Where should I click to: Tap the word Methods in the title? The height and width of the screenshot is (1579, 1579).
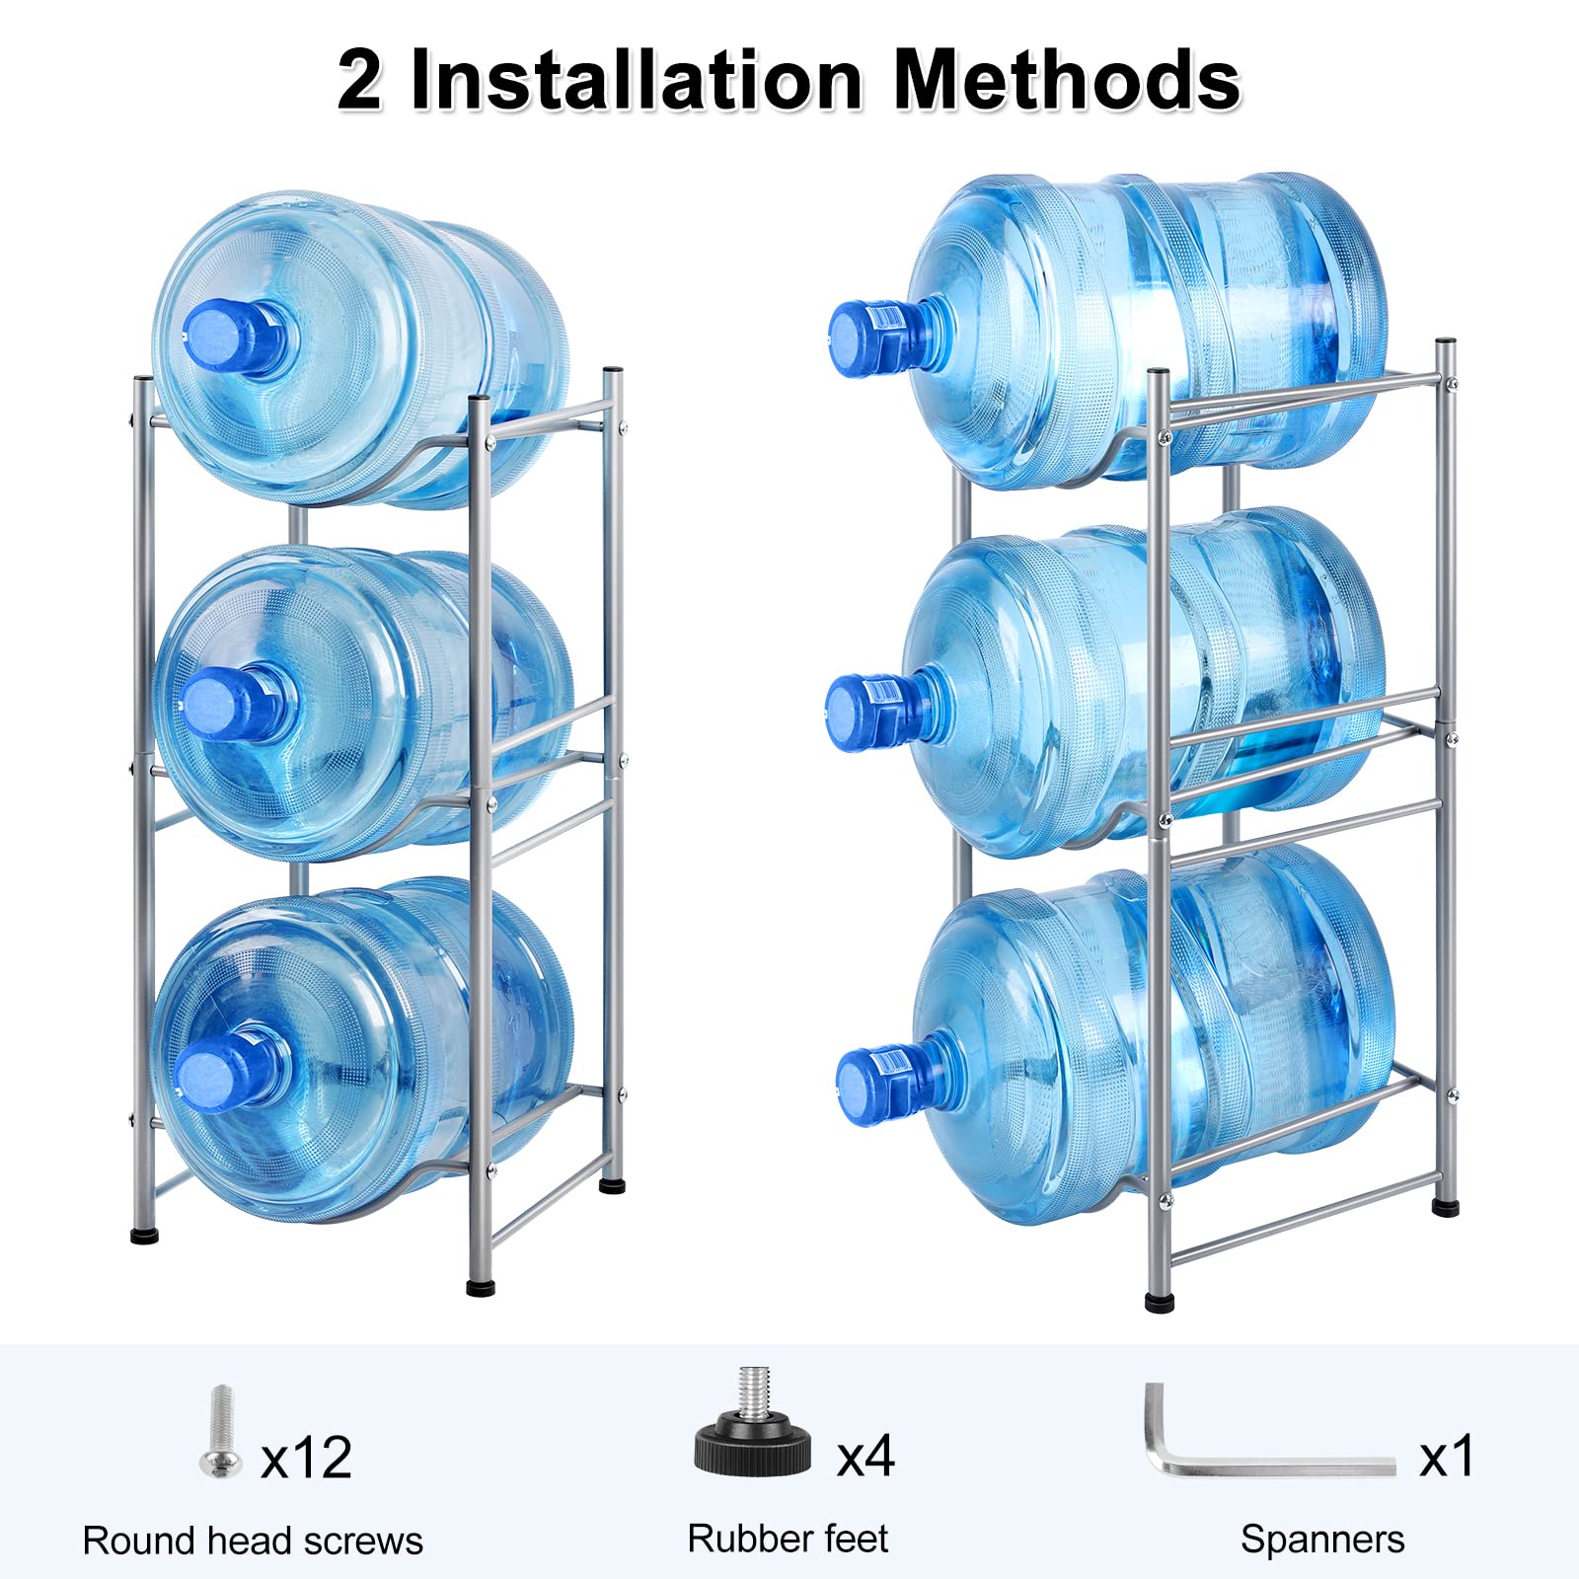click(1066, 81)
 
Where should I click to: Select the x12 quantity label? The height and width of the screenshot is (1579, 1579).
click(306, 1458)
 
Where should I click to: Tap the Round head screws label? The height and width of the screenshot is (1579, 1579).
click(253, 1541)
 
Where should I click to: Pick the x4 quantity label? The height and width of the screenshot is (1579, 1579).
click(865, 1456)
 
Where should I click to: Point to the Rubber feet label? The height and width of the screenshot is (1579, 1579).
click(788, 1539)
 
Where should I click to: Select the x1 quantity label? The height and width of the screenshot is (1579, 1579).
click(1446, 1457)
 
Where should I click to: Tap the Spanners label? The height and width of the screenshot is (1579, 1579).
click(1322, 1540)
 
